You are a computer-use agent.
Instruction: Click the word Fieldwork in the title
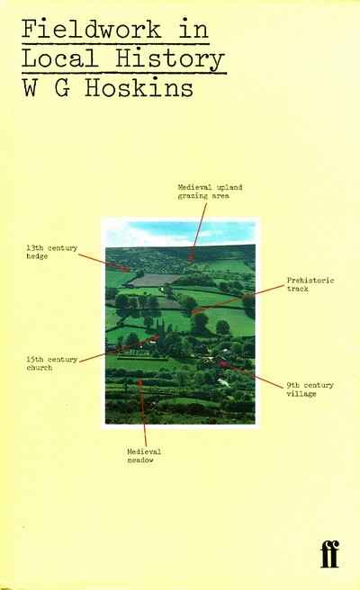point(91,29)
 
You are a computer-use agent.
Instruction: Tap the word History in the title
point(170,59)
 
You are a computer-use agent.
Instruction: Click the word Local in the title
point(59,58)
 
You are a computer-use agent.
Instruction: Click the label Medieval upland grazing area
point(210,192)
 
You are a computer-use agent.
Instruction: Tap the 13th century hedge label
point(51,252)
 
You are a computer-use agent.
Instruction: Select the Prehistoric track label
point(310,284)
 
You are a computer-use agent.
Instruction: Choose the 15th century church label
point(51,363)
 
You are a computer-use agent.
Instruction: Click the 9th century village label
point(310,389)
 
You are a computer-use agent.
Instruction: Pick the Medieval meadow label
point(144,456)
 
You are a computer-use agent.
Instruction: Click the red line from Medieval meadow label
point(143,413)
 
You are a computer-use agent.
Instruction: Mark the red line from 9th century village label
point(251,375)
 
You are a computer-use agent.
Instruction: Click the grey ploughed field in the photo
point(155,280)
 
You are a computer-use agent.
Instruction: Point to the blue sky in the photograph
point(180,232)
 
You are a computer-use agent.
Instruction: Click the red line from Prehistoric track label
point(238,299)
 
